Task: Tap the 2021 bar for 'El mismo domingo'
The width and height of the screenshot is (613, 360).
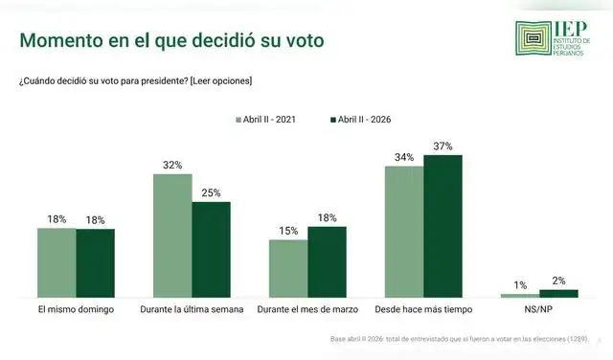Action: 57,262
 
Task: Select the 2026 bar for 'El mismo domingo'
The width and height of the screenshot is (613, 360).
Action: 95,262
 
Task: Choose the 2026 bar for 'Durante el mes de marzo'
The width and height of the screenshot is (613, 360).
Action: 327,261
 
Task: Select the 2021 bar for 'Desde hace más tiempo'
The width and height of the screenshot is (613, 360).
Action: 404,231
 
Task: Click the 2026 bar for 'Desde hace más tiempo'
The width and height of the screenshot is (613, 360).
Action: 443,225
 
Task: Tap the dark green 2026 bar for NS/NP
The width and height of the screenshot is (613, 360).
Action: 558,293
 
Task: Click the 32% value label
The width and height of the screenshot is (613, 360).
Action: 172,165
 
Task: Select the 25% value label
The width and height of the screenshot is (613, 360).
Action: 211,192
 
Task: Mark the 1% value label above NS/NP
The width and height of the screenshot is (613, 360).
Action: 520,284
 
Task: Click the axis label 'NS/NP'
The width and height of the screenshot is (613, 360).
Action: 539,310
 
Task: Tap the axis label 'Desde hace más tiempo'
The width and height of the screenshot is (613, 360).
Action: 423,310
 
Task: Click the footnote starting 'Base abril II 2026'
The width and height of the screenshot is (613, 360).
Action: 460,340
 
